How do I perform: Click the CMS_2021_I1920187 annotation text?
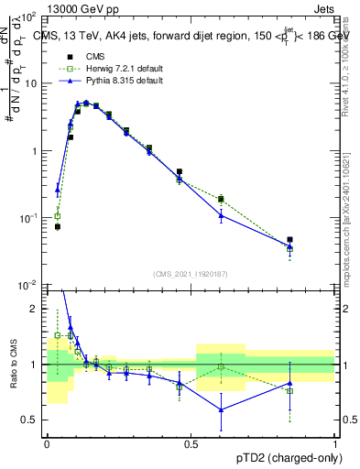tap(190, 273)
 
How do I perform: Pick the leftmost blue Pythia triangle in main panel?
tap(58, 191)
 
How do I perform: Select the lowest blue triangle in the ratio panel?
tap(221, 409)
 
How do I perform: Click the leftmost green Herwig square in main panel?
tap(58, 216)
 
